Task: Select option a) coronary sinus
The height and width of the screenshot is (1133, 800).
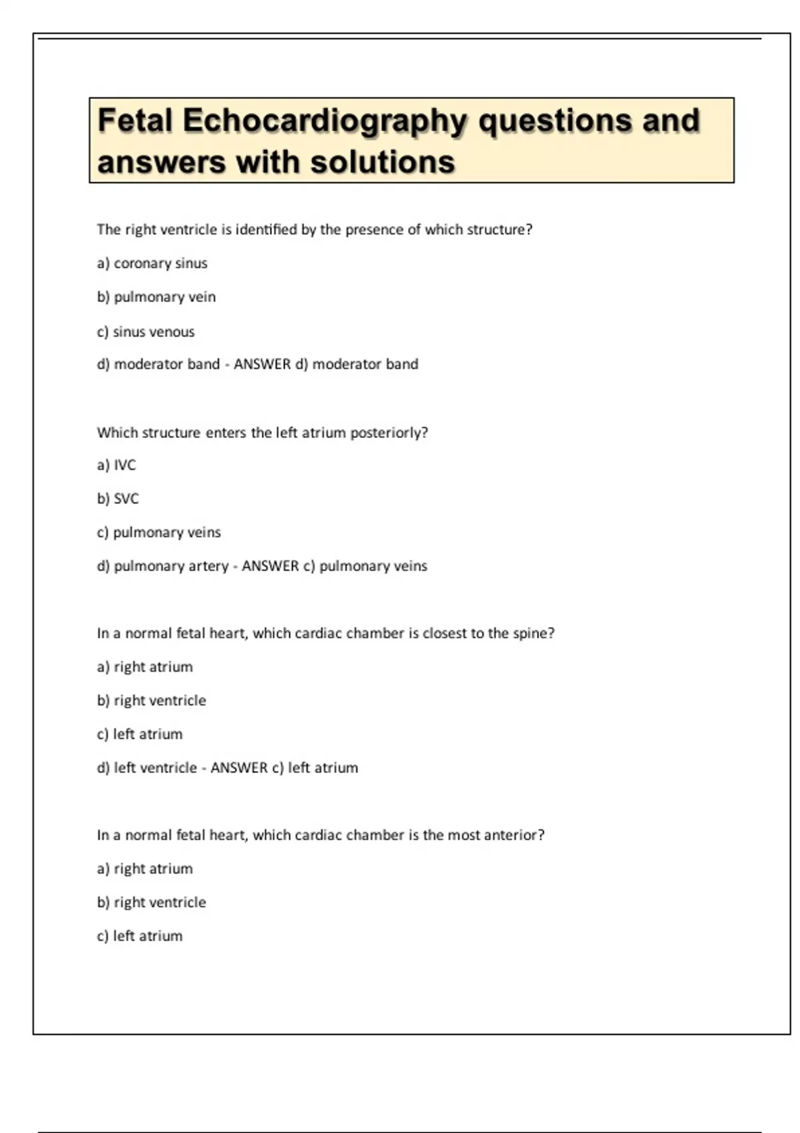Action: tap(152, 263)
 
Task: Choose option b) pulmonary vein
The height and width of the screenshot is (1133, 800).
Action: tap(156, 297)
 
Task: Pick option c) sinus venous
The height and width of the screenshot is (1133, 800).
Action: tap(145, 331)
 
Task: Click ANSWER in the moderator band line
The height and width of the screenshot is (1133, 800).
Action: tap(262, 364)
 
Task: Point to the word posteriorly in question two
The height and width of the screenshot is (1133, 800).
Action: tap(389, 433)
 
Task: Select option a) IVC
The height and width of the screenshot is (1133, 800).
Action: tap(116, 465)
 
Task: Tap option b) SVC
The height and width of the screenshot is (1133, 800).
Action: tap(117, 499)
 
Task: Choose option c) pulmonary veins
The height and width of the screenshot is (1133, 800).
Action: tap(159, 532)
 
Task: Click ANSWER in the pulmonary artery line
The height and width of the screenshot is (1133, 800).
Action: tap(270, 566)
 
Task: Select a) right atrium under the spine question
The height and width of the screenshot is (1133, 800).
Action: tap(145, 666)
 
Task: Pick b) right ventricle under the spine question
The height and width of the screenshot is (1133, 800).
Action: tap(151, 700)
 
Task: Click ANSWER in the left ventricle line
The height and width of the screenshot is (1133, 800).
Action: tap(239, 768)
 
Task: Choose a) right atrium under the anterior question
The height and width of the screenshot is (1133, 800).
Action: tap(145, 868)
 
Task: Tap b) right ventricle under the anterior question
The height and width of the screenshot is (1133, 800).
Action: tap(151, 902)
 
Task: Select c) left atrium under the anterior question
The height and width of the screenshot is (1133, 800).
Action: tap(139, 936)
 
